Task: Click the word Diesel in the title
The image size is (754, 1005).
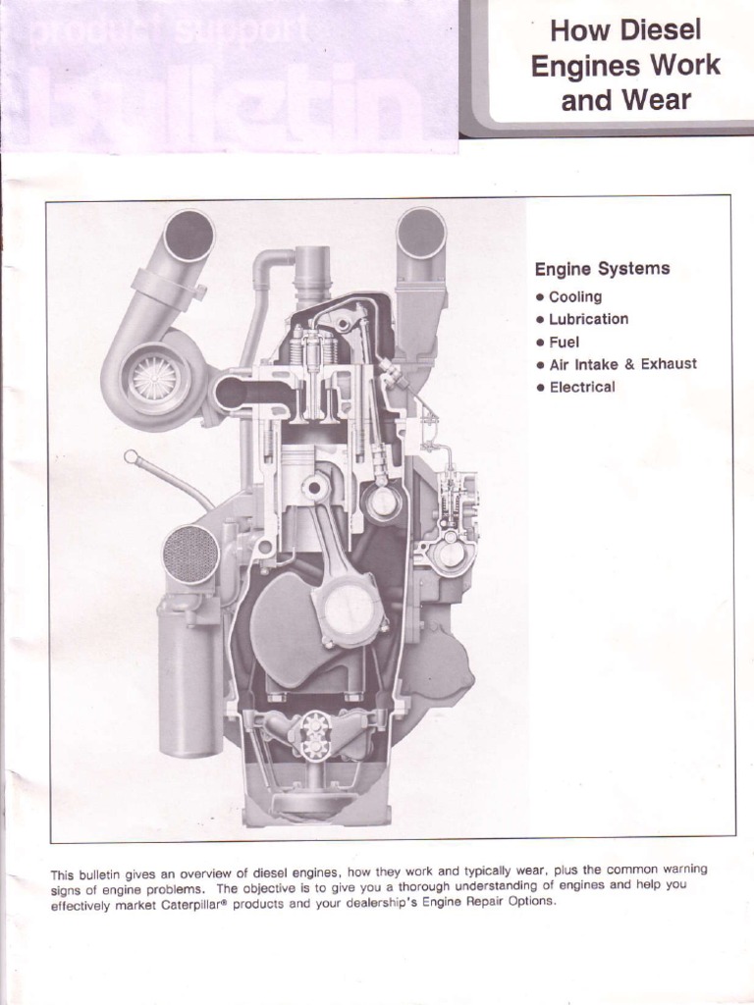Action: point(667,30)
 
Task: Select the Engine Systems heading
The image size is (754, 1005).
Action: point(602,269)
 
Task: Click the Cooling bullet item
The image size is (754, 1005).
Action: point(574,296)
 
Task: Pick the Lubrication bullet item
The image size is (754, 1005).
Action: point(588,319)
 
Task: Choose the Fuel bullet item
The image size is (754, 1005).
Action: point(564,342)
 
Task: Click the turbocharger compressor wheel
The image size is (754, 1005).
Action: point(153,377)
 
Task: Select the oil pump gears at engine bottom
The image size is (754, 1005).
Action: point(316,733)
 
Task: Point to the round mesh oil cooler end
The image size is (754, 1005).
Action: point(189,555)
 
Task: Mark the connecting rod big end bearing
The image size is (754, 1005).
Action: point(349,609)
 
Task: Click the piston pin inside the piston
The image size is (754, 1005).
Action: point(316,487)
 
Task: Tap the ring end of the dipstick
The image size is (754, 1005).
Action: point(131,456)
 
